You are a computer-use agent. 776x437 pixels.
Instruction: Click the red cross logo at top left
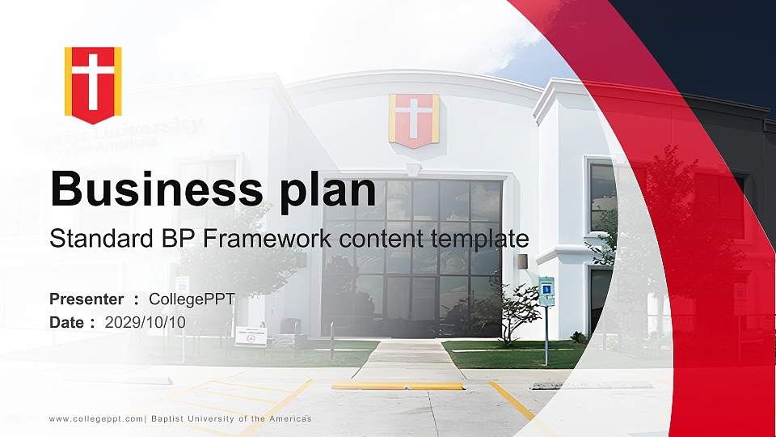point(93,83)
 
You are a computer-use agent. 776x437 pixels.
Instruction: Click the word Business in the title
point(153,189)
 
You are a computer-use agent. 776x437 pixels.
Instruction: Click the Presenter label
point(86,299)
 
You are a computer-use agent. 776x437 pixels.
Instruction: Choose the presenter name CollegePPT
point(192,299)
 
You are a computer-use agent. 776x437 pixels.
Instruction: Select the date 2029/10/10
point(145,322)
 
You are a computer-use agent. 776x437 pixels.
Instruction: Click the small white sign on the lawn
point(251,337)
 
